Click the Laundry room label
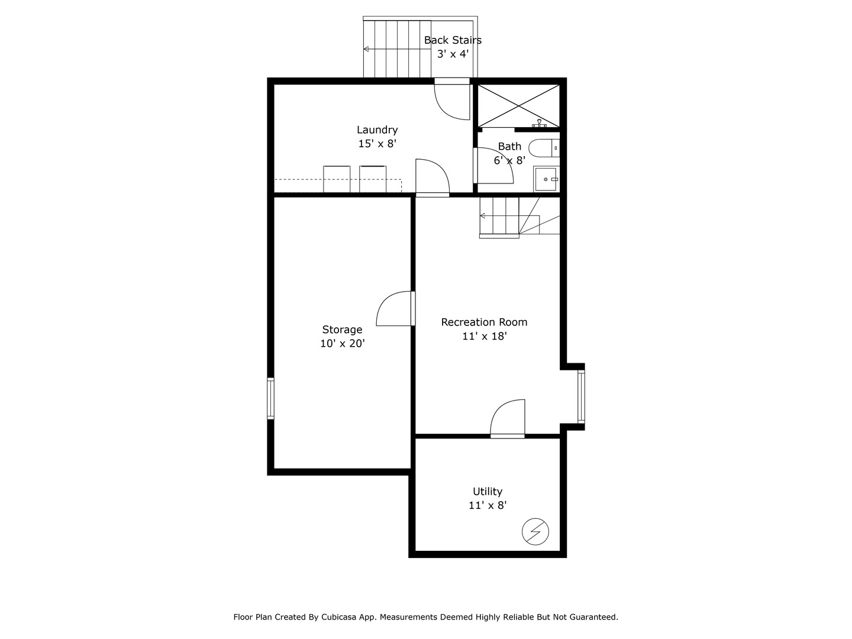[x=377, y=130]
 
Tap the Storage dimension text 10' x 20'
[x=342, y=343]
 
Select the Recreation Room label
[x=484, y=322]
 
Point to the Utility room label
[x=487, y=491]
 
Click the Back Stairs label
[x=453, y=40]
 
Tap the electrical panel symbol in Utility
[x=535, y=531]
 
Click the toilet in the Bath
[x=543, y=148]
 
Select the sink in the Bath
[x=545, y=179]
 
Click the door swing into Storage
[x=395, y=309]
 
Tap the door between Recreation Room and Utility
[x=508, y=419]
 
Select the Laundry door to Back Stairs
[x=452, y=99]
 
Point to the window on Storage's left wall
[x=270, y=398]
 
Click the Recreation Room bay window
[x=581, y=395]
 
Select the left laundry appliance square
[x=337, y=179]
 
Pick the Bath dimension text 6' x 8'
[x=509, y=160]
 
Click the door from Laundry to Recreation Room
[x=432, y=177]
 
